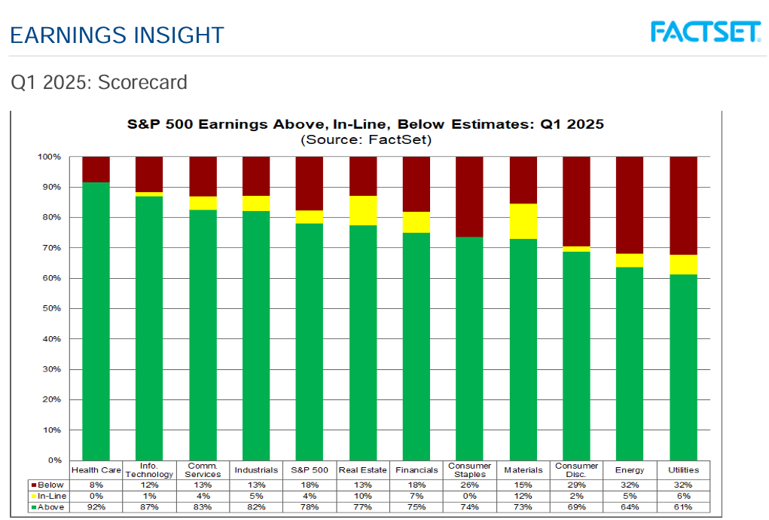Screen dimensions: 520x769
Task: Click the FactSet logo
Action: click(704, 32)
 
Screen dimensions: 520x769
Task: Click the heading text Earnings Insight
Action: click(117, 35)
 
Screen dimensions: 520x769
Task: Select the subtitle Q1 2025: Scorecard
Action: click(99, 81)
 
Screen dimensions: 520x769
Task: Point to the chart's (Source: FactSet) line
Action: click(365, 139)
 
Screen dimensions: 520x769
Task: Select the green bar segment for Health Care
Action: click(96, 320)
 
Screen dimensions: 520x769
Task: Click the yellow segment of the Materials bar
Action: click(523, 222)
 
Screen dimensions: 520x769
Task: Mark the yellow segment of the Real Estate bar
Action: click(363, 210)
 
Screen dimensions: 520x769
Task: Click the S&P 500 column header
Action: click(310, 470)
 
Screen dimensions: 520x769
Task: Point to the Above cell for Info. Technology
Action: click(149, 508)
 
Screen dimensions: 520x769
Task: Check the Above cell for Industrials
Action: click(256, 508)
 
